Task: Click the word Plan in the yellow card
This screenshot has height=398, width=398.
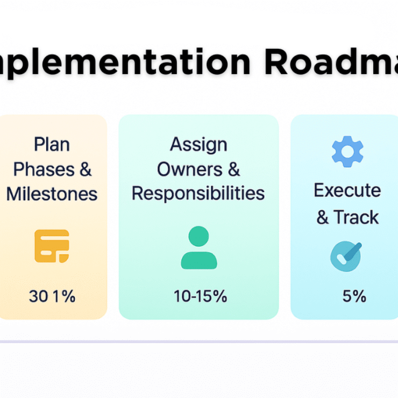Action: tap(52, 144)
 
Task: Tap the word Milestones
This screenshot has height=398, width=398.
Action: tap(52, 194)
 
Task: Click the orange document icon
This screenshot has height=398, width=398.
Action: tap(52, 246)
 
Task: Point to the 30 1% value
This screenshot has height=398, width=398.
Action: tap(52, 296)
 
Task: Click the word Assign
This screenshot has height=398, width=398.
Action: tap(198, 144)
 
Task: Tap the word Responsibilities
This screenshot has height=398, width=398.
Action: tap(198, 194)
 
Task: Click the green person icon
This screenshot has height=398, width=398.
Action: tap(198, 248)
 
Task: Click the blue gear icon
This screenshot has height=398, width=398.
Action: tap(347, 151)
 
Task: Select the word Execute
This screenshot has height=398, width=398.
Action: tap(347, 190)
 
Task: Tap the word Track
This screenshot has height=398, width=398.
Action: tap(356, 217)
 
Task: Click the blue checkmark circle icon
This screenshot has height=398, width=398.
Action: tap(346, 255)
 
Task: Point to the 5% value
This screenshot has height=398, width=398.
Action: tap(354, 296)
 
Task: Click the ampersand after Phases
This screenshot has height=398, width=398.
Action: tap(85, 169)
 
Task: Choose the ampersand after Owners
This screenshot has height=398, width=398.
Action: tap(233, 169)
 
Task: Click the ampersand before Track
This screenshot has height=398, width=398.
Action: tap(322, 217)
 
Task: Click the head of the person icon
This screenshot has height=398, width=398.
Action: tap(198, 236)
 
